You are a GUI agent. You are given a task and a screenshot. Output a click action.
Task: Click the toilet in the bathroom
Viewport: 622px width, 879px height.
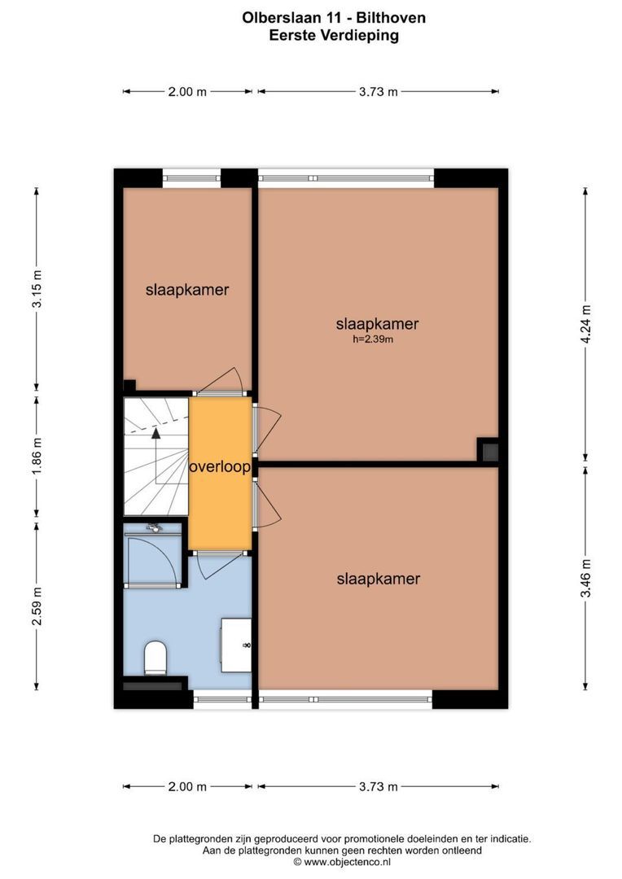(155, 658)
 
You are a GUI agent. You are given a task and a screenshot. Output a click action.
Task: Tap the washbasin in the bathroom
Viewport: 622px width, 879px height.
(237, 645)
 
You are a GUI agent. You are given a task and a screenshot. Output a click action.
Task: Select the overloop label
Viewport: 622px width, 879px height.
(220, 468)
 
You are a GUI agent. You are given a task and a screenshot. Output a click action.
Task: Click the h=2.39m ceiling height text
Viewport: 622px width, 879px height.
(373, 340)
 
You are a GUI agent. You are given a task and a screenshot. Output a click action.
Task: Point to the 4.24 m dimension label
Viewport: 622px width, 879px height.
(585, 325)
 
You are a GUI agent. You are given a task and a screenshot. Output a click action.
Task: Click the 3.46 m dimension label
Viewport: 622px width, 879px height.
(585, 579)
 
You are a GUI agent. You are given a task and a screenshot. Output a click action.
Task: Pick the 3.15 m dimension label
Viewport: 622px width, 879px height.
(37, 289)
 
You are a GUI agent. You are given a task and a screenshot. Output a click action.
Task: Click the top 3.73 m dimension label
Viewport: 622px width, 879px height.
(378, 92)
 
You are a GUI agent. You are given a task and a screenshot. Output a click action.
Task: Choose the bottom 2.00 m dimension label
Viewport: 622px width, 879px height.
(187, 786)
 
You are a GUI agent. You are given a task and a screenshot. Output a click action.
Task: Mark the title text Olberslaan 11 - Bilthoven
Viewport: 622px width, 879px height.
(333, 17)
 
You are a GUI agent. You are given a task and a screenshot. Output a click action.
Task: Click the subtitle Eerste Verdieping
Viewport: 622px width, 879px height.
(333, 35)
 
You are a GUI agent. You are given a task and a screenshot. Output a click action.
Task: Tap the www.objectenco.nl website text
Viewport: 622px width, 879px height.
(342, 861)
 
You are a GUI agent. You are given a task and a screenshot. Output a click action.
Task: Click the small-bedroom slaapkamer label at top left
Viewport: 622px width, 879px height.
(187, 289)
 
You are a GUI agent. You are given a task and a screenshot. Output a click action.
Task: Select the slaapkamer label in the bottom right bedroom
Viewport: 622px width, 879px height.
(378, 579)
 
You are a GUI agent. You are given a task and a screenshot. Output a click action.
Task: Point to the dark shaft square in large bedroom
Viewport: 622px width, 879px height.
(488, 450)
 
